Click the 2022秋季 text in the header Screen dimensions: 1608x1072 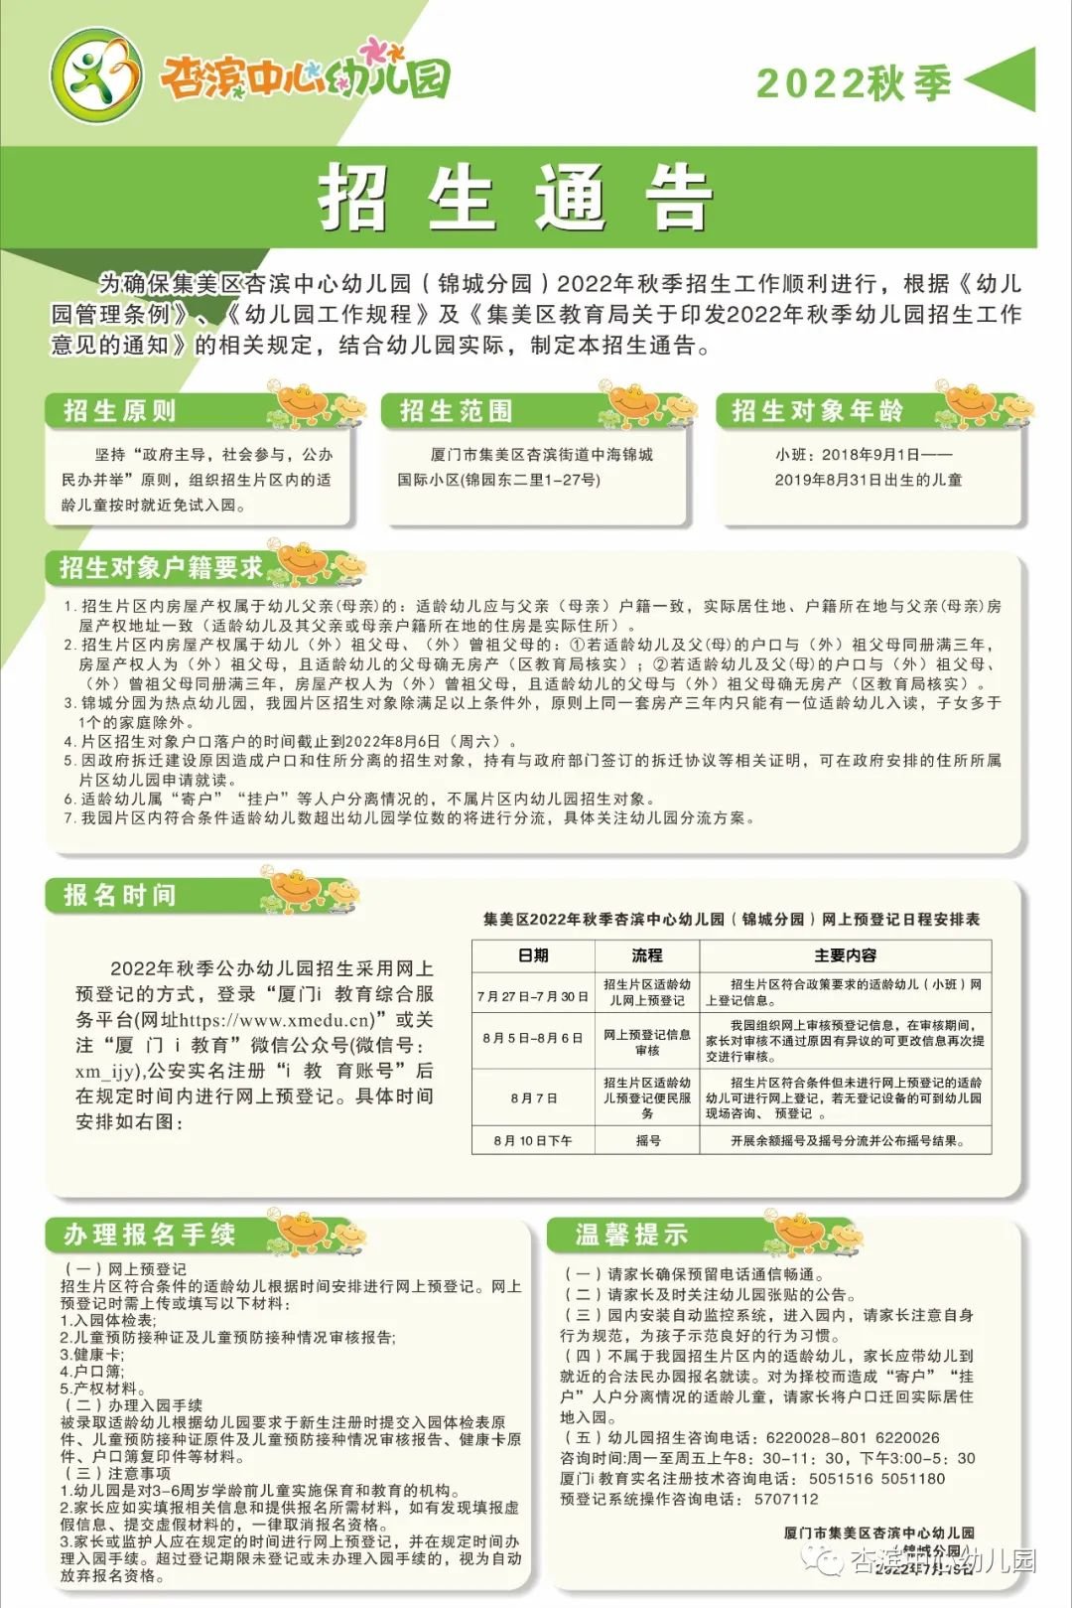854,83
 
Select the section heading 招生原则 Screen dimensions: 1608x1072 120,411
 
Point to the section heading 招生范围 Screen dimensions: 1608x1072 457,411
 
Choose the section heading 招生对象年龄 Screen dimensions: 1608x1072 818,411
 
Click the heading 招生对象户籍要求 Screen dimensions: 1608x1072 161,568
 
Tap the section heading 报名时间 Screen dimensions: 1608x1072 120,895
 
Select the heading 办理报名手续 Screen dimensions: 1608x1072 150,1235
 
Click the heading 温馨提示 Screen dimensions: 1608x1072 631,1235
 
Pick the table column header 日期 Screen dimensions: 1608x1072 533,955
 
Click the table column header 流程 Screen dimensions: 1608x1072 647,955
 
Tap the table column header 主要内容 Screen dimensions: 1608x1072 845,955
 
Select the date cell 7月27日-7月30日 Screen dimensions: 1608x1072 533,995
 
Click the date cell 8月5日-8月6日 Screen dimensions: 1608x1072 533,1038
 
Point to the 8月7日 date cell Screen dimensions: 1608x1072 533,1098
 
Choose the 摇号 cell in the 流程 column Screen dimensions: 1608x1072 647,1141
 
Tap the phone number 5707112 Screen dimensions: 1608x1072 786,1499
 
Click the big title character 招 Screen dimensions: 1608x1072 352,198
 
